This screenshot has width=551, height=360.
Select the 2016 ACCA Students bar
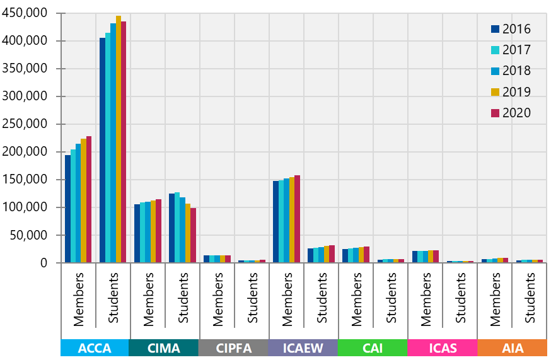pos(102,151)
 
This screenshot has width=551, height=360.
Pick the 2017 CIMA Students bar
pos(177,228)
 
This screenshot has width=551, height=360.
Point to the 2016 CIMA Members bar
pos(137,234)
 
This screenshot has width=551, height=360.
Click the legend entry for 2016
pos(511,29)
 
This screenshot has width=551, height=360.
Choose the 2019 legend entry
pos(511,92)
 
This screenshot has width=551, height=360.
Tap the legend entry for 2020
pos(511,113)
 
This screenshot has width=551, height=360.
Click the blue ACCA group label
pos(94,348)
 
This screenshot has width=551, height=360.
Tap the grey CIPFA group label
pos(233,348)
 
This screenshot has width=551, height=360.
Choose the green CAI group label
pos(372,348)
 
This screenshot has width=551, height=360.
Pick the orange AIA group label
pos(511,348)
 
